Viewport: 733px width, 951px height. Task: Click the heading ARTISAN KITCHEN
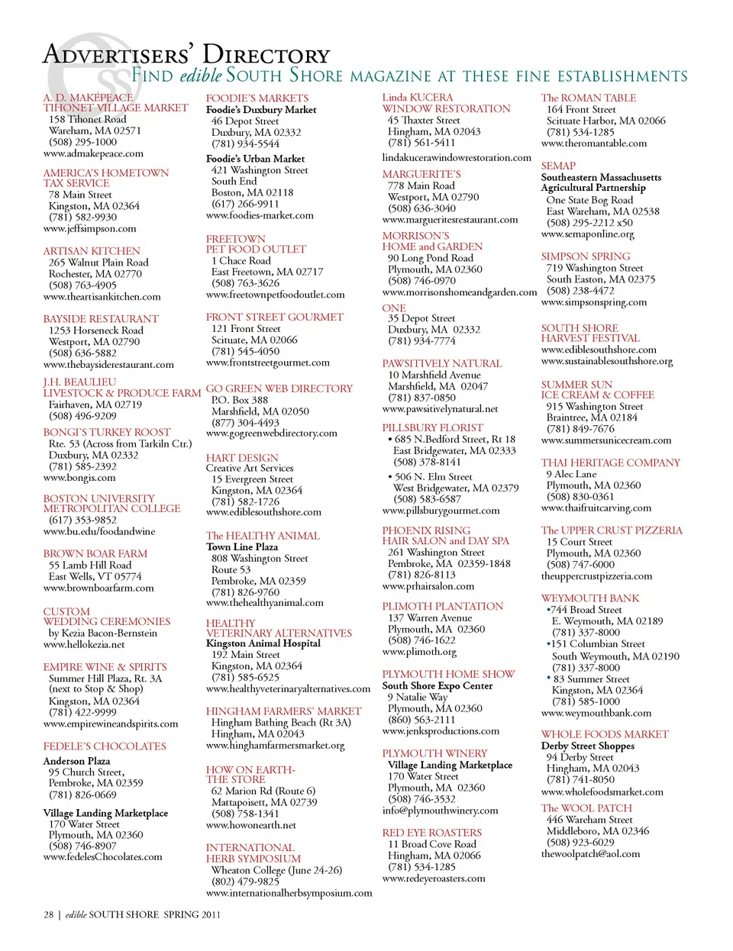[x=92, y=251]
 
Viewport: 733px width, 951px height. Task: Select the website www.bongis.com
[x=79, y=478]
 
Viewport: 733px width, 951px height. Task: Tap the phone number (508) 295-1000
[x=82, y=142]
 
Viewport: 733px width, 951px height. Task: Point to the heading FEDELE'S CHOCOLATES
[x=105, y=746]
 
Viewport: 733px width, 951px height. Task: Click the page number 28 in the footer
[x=48, y=914]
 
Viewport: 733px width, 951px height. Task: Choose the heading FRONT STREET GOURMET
[x=274, y=317]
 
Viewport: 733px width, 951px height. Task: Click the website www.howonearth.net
[x=250, y=825]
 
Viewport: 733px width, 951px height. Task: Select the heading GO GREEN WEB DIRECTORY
[x=279, y=388]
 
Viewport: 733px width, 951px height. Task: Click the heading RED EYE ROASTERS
[x=431, y=833]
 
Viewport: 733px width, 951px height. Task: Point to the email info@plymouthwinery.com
[x=440, y=811]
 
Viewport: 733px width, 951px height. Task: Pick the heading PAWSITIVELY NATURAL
[x=441, y=364]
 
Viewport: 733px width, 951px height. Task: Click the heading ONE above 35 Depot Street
[x=394, y=308]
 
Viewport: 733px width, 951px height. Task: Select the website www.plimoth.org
[x=419, y=652]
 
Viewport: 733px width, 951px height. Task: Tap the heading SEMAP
[x=558, y=166]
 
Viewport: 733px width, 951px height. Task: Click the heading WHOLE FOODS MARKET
[x=604, y=734]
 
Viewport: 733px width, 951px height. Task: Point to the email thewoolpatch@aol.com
[x=590, y=854]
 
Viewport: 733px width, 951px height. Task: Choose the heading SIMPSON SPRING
[x=586, y=256]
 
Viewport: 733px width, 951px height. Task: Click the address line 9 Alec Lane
[x=571, y=474]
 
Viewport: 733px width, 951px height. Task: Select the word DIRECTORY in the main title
[x=266, y=55]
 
